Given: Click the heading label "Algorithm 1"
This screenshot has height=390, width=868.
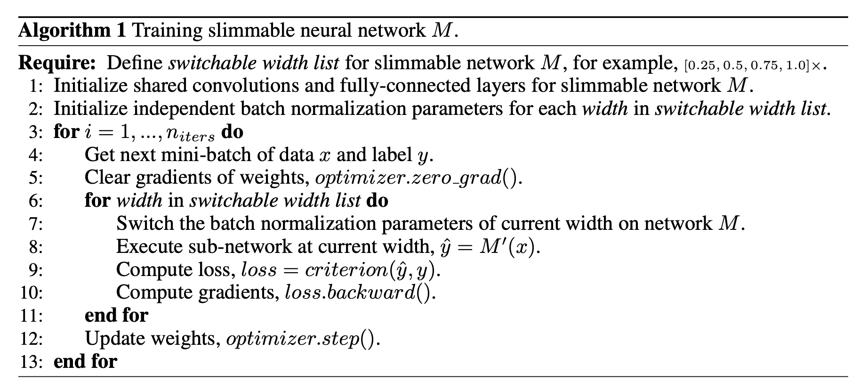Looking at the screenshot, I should point(72,31).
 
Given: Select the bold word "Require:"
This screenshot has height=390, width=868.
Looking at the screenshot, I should point(57,63).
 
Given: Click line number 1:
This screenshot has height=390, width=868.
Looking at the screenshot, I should point(35,86).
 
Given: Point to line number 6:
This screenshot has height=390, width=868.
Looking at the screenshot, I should point(35,201).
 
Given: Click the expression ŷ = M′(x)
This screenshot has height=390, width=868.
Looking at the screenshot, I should point(490,247).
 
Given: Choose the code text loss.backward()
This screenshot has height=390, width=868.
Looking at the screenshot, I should point(360,293).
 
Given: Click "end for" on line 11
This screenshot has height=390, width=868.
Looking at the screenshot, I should point(116,315).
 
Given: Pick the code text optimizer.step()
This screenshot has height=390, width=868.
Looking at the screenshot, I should point(303,339).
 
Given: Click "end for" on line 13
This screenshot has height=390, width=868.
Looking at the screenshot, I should point(85,362).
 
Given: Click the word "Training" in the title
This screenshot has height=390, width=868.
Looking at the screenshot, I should point(167,31).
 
